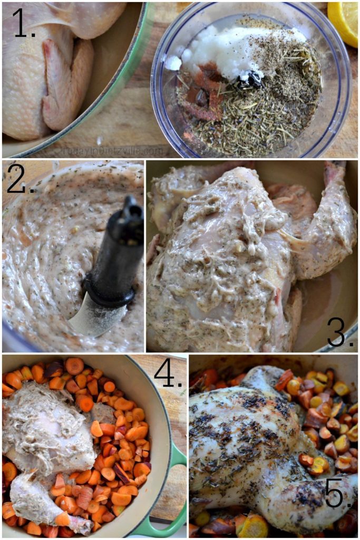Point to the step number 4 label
168,376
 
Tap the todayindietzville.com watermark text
111,151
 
